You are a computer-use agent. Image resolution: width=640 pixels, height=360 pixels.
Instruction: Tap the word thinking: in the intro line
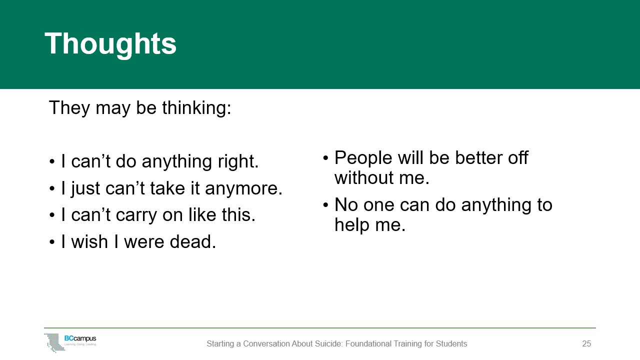pos(196,108)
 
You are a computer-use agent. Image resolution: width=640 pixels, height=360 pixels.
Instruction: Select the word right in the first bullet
pos(238,161)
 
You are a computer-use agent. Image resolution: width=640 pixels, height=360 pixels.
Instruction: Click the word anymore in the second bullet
pos(243,189)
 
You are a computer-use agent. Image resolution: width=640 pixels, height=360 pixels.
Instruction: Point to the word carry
pos(136,215)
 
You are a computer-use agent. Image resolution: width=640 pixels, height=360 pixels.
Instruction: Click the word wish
pos(89,241)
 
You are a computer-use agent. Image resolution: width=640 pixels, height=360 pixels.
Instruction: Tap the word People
pos(363,158)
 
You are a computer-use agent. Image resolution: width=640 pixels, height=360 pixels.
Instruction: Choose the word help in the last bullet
pos(352,225)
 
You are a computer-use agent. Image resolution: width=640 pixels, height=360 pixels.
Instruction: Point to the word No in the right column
pos(346,204)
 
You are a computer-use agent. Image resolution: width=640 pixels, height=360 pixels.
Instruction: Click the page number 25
pos(586,343)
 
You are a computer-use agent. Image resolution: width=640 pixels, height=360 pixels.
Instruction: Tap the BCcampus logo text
pos(80,338)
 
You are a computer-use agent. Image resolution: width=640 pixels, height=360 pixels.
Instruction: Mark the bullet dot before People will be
pos(325,157)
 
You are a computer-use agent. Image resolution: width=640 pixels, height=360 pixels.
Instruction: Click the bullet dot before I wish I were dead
pos(51,242)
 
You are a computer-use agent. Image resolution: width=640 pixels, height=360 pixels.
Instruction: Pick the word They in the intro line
pos(69,108)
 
